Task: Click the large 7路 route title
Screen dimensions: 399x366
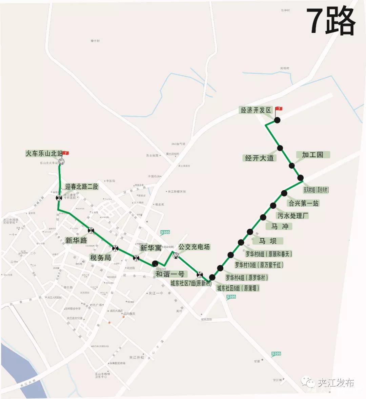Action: [331, 21]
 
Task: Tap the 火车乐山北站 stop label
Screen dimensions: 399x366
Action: [44, 153]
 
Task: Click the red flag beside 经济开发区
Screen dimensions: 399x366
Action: [279, 109]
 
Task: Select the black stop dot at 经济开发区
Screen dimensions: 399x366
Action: [277, 120]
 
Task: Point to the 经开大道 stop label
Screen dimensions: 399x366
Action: [259, 158]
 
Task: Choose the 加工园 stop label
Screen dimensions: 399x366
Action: [312, 155]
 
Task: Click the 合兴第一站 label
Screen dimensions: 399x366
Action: [303, 203]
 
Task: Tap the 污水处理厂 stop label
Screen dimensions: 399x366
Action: [293, 215]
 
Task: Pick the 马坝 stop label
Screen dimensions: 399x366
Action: [268, 241]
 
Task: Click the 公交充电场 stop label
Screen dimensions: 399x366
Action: [194, 247]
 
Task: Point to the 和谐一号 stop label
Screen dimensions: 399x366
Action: [169, 273]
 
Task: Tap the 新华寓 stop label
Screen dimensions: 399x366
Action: [151, 248]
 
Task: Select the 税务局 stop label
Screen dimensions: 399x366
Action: [100, 258]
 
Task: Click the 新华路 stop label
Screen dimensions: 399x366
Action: [76, 240]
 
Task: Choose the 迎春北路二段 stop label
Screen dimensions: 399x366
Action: [82, 187]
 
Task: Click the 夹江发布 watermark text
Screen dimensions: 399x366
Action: [335, 383]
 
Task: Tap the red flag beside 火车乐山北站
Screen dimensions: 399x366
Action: [66, 153]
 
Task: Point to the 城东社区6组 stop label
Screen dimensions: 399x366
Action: [238, 288]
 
